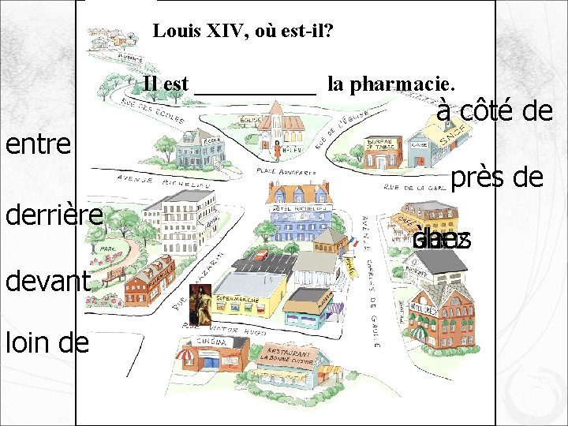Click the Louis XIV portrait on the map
[201, 305]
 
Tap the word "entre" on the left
[39, 144]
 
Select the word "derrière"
[54, 215]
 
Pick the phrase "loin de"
[47, 341]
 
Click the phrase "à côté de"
[494, 111]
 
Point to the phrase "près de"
[499, 177]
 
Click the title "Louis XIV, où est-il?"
[243, 32]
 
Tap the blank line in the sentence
[255, 85]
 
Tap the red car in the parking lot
[260, 255]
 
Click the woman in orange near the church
[277, 148]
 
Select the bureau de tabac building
[383, 150]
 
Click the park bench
[114, 275]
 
